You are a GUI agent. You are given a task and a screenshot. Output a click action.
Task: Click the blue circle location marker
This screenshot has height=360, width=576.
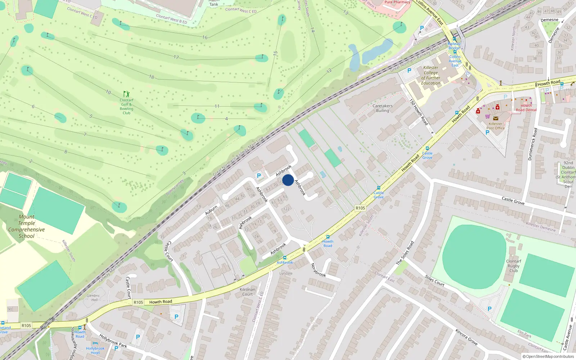[288, 180]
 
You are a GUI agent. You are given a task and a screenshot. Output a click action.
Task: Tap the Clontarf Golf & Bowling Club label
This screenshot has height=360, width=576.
[126, 107]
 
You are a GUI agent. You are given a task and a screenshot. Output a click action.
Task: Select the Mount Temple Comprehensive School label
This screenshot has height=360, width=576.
[27, 226]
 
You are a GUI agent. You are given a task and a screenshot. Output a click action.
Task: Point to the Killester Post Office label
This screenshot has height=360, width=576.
[495, 126]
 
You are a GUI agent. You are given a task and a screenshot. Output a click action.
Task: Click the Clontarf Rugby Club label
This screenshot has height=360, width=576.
[513, 266]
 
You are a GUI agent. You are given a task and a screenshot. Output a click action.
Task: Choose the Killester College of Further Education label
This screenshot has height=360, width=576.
[431, 75]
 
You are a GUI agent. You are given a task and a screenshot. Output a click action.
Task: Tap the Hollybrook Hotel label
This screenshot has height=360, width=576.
[95, 350]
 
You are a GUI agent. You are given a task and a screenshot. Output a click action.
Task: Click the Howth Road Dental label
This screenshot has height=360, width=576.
[526, 108]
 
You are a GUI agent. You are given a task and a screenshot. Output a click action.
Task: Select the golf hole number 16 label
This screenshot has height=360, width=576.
[205, 37]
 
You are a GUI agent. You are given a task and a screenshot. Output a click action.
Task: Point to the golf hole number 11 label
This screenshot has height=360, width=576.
[217, 106]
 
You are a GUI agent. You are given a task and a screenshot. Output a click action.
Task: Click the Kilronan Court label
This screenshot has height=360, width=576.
[247, 292]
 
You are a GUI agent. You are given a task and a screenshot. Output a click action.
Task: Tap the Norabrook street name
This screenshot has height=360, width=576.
[318, 270]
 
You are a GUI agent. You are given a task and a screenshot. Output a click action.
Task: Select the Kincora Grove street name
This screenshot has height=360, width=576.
[466, 337]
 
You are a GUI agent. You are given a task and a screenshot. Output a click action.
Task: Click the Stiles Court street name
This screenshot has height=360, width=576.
[435, 280]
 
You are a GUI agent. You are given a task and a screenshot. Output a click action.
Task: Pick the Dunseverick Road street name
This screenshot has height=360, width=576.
[532, 144]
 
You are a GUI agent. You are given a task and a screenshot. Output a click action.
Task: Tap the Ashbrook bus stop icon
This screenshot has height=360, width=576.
[285, 258]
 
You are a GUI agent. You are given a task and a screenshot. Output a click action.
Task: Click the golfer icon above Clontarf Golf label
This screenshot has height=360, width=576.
[126, 94]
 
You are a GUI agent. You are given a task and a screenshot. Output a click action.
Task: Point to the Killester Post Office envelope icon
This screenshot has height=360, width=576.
[496, 118]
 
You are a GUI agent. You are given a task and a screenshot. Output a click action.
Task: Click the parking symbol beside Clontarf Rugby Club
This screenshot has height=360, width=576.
[489, 309]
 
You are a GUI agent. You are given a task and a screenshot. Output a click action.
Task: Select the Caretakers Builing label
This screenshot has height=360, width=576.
[382, 108]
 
